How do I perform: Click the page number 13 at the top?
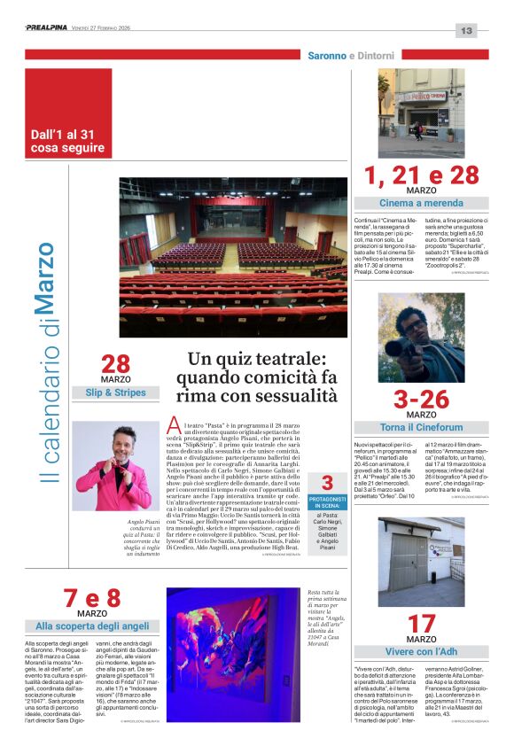tap(466, 31)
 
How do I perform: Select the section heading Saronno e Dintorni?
tap(350, 56)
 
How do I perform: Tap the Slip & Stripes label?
tap(116, 392)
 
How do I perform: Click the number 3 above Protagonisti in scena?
tap(327, 483)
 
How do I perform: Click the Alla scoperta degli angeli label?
tap(92, 626)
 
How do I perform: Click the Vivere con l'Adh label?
tap(422, 652)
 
